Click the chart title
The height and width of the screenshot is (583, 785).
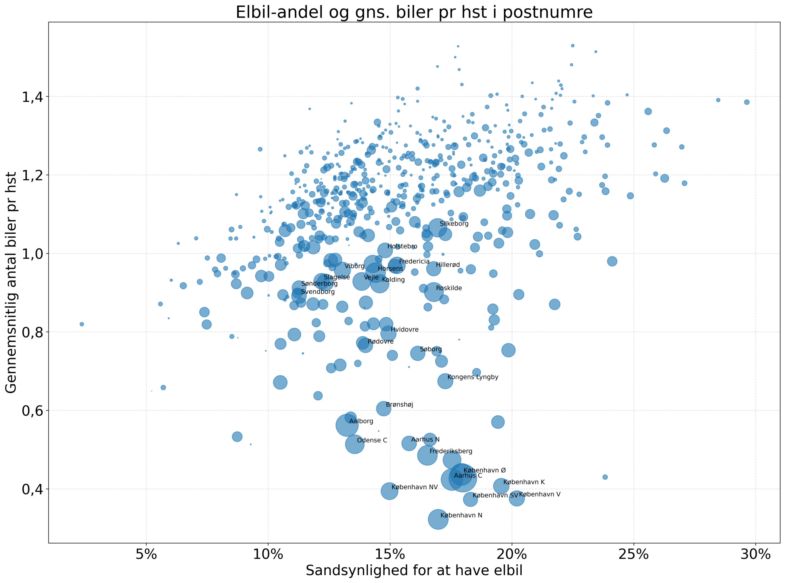[x=414, y=12]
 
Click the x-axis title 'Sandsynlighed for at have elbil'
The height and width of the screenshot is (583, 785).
[x=414, y=570]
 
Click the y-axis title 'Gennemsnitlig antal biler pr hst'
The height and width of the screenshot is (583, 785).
[x=11, y=282]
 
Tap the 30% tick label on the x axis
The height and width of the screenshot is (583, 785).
[x=755, y=554]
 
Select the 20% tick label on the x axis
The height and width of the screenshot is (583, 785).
[x=511, y=554]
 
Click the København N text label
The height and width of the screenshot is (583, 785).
[x=461, y=515]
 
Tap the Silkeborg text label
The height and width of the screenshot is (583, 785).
[x=454, y=224]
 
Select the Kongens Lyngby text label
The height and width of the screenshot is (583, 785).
[x=473, y=377]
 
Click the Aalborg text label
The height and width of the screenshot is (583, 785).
[x=361, y=421]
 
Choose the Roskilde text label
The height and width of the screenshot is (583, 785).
[x=449, y=288]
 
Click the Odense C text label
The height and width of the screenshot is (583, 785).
[x=372, y=440]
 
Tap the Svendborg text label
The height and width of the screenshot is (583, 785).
[x=318, y=292]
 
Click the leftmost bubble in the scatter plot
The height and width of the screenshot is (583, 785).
[x=82, y=324]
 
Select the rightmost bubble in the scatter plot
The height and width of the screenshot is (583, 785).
[x=747, y=102]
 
